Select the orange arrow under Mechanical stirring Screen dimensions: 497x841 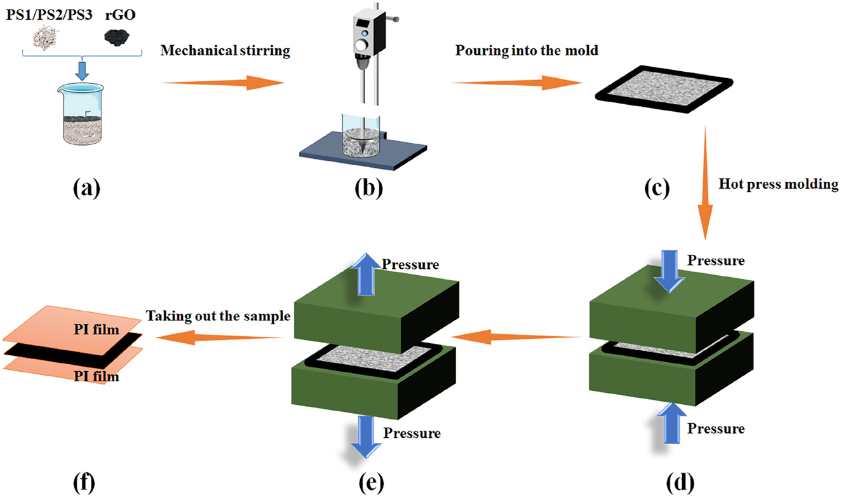tap(222, 83)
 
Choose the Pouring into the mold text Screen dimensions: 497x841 tap(527, 51)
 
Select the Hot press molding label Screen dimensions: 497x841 tap(779, 185)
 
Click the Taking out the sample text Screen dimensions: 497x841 tap(218, 316)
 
